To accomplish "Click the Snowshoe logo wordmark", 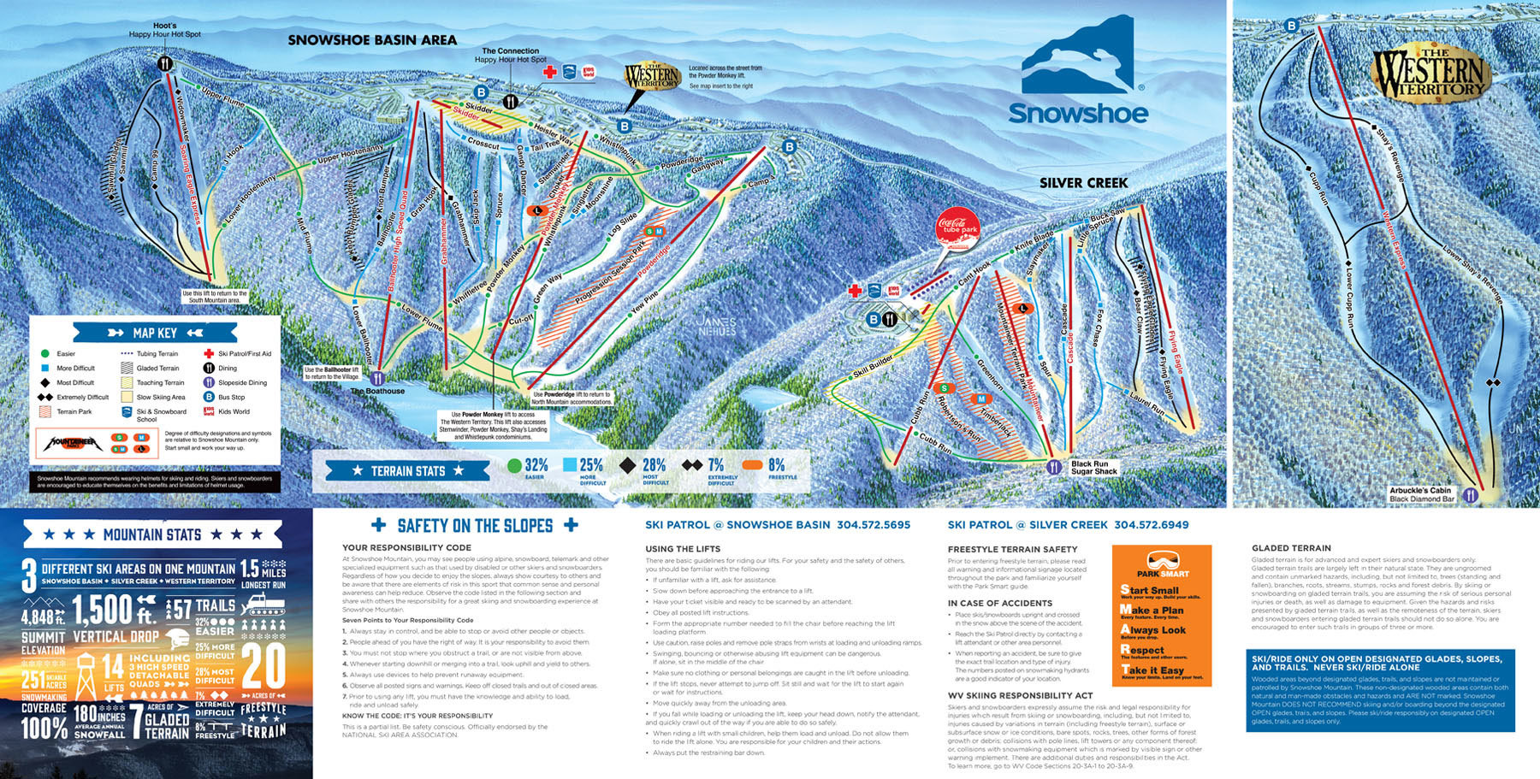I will (1078, 114).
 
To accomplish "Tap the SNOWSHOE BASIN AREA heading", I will (372, 40).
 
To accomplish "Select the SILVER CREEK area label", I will (1083, 183).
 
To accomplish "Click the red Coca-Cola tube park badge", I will (957, 227).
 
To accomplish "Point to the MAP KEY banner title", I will (155, 333).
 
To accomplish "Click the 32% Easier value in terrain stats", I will (536, 465).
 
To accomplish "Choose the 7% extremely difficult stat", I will (715, 465).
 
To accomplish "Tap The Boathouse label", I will (377, 391).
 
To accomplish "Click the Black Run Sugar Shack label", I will (1094, 468).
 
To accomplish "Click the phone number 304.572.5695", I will (874, 525).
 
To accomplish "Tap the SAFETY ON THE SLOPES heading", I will (475, 526).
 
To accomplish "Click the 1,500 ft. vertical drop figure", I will (113, 610).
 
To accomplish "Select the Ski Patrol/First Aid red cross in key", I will (209, 353).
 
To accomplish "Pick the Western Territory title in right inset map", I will (1430, 74).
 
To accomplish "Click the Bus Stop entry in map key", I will (231, 397).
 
